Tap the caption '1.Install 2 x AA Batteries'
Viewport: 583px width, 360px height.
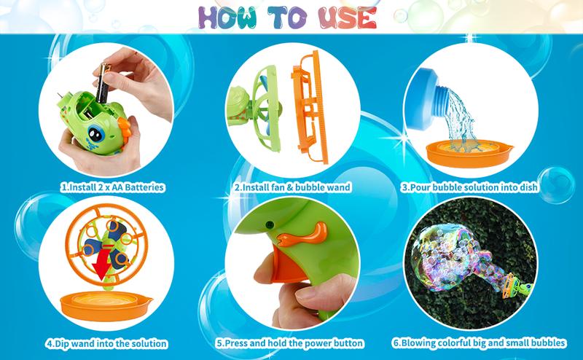coord(111,187)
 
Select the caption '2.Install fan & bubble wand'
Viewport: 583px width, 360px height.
coord(292,187)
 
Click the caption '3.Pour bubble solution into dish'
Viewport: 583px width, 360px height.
coord(470,187)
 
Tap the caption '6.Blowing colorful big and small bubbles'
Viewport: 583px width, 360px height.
coord(480,343)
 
